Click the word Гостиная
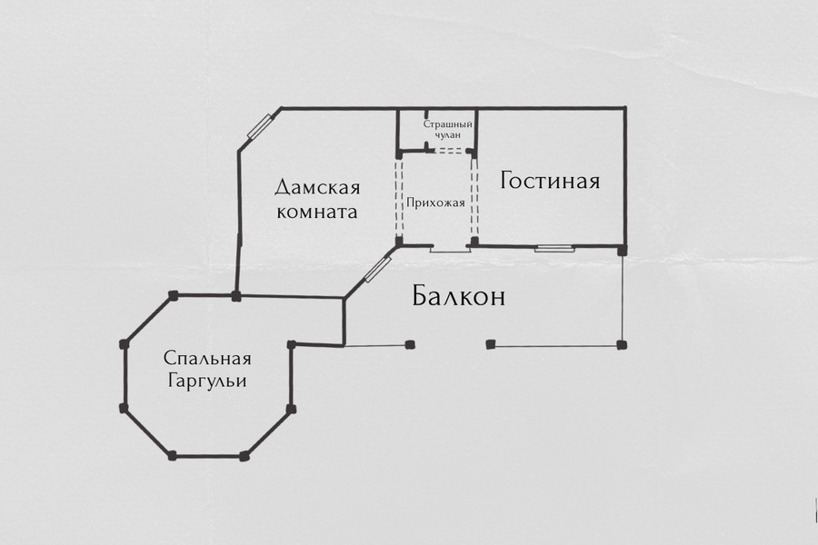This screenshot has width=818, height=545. coord(550,181)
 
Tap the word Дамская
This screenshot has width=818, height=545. coord(317,187)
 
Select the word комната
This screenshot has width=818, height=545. coord(317,212)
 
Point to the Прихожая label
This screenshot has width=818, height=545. coord(435,203)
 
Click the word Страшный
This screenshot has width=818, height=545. coord(447,124)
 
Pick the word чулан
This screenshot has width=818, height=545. coord(447,135)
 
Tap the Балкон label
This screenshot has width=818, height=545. coord(459,296)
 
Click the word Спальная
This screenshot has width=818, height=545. coord(207,358)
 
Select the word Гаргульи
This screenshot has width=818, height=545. coord(207,381)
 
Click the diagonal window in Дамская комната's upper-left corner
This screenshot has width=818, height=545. coord(260,127)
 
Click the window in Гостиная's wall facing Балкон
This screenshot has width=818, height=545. coord(554,248)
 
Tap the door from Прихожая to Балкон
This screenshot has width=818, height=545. coord(450,250)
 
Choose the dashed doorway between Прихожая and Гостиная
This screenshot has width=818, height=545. coord(474,197)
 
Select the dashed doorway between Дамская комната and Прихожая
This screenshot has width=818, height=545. coord(399,198)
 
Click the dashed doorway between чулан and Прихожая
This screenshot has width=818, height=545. coord(449,151)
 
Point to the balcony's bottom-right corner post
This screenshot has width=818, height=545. coord(622,345)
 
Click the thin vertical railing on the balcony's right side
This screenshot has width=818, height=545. coord(622,297)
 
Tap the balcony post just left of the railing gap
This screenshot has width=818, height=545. coord(410,344)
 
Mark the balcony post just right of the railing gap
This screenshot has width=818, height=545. coord(490,344)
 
